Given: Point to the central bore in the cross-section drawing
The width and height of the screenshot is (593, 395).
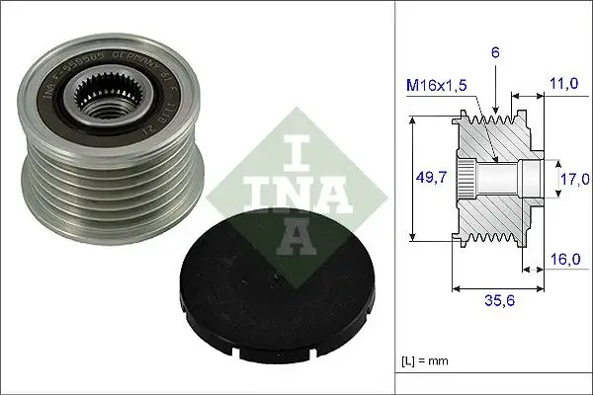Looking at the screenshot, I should tap(504, 180).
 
